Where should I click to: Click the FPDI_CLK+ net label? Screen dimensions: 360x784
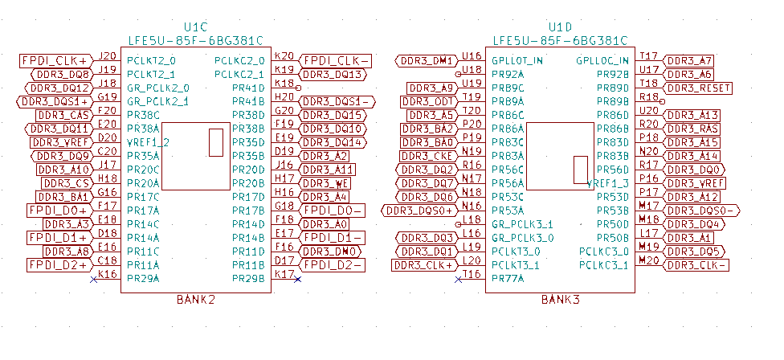55,60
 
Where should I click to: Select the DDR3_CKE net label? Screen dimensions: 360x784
429,156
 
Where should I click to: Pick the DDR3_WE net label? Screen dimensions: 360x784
325,183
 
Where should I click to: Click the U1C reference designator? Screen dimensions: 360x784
196,27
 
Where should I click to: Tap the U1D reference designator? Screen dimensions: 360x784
559,27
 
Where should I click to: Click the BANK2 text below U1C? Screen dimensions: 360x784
195,300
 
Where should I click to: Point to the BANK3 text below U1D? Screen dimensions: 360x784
559,300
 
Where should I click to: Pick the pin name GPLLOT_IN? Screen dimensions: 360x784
517,60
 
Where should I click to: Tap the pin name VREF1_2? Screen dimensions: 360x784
149,142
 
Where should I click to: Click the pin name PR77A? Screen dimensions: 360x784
508,278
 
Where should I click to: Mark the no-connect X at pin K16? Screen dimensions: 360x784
94,278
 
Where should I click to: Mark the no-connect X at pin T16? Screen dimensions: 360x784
459,278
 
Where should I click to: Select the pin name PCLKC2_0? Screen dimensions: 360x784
239,60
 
